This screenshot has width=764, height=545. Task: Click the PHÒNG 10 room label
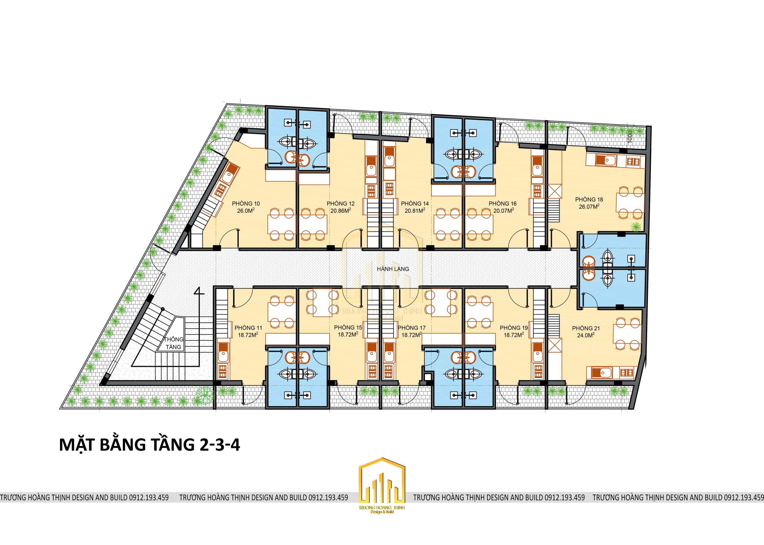(246, 203)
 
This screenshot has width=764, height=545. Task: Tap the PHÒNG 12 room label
(341, 203)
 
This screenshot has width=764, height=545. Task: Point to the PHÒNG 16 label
(502, 203)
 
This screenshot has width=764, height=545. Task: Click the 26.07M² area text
(589, 206)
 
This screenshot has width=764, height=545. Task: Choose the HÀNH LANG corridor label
(393, 269)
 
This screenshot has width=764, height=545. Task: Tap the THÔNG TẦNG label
(173, 343)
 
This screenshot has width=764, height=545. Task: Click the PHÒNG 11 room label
(248, 328)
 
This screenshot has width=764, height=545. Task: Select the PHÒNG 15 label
(348, 327)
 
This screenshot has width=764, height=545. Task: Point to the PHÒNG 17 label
(412, 328)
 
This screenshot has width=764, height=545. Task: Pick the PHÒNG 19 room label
(514, 328)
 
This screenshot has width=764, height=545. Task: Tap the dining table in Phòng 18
(630, 202)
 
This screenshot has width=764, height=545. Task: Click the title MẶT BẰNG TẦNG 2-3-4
(150, 445)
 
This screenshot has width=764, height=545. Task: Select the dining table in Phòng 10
(281, 224)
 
